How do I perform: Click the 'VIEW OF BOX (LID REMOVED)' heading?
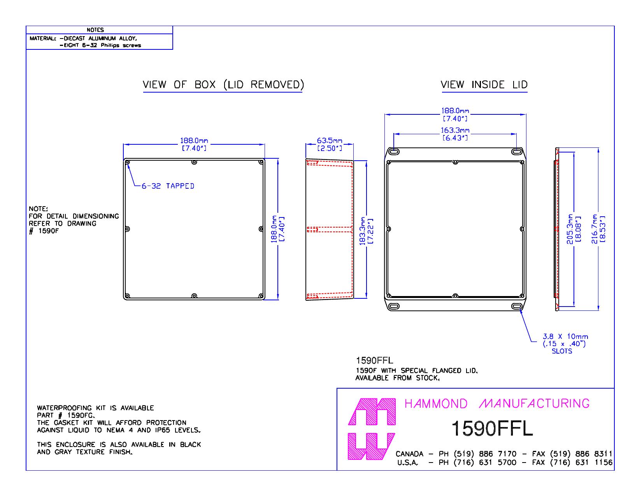pos(223,85)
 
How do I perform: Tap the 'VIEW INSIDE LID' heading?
pos(484,85)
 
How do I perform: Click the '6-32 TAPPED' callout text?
pos(168,186)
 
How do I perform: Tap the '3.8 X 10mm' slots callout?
pos(565,337)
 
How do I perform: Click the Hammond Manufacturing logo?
pos(371,429)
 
